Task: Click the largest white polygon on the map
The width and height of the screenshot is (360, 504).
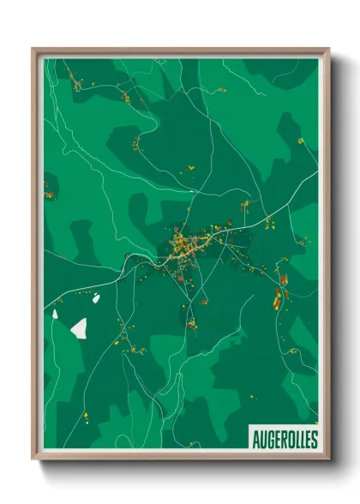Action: click(79, 327)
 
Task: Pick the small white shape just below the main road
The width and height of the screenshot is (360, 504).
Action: click(96, 297)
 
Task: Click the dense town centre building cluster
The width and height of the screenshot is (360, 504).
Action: click(190, 244)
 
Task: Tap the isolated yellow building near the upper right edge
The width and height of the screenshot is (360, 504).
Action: click(301, 141)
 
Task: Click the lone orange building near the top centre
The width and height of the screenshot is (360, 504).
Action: click(224, 89)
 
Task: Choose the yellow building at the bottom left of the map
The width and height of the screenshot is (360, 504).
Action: click(87, 417)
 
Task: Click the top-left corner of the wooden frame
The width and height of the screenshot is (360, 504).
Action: click(33, 49)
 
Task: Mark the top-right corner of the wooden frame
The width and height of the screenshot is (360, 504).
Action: click(328, 49)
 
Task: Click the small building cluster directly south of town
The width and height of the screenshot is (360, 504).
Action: click(191, 323)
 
